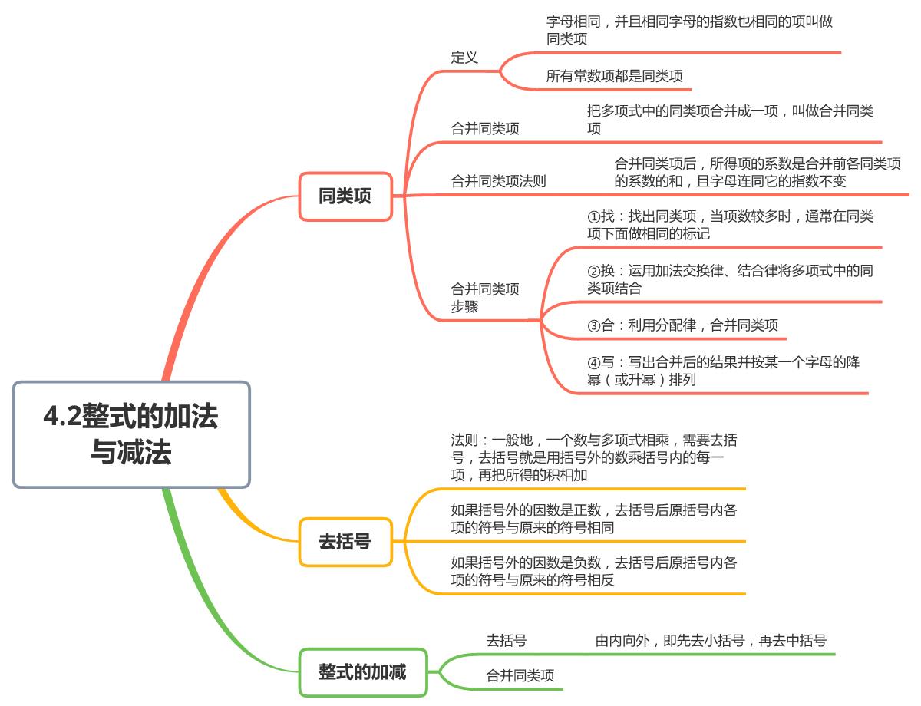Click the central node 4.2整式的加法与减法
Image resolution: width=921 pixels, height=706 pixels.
[131, 434]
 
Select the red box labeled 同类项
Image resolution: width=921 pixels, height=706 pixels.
[345, 196]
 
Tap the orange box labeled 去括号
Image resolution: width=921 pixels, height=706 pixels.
[345, 541]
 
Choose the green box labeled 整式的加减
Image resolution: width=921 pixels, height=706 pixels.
[362, 671]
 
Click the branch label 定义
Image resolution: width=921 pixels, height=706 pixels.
[464, 58]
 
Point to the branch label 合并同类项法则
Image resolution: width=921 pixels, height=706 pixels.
[498, 181]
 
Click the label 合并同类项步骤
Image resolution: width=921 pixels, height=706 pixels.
[485, 298]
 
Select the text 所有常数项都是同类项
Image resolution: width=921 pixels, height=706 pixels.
[614, 76]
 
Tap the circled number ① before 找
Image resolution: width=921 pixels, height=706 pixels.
[593, 216]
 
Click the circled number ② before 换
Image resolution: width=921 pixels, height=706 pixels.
[593, 271]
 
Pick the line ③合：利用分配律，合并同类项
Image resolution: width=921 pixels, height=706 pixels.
[682, 325]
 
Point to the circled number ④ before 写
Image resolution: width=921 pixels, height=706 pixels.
[593, 362]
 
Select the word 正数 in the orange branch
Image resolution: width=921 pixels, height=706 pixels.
[586, 510]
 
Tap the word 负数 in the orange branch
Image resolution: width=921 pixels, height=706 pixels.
[586, 562]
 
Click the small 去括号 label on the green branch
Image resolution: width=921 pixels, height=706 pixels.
[506, 640]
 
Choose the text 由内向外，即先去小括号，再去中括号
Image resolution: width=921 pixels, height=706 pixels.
[711, 640]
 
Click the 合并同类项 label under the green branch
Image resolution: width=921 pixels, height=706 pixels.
[520, 675]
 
